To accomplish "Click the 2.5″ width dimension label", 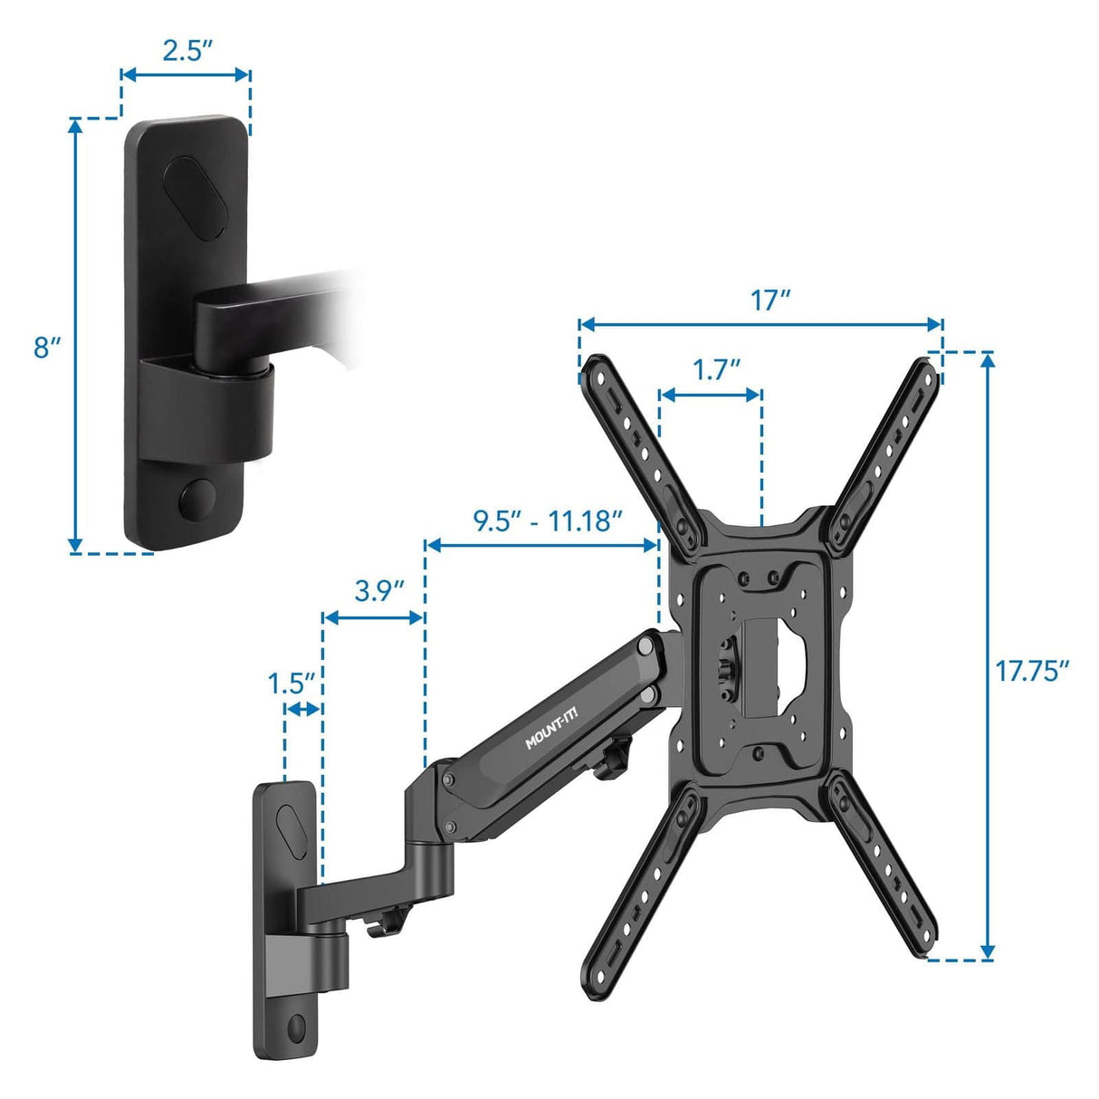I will [x=186, y=51].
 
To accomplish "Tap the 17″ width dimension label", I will [x=770, y=300].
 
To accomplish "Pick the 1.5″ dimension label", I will [x=291, y=683].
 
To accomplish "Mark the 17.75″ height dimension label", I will [x=1032, y=671].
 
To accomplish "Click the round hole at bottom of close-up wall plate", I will [x=195, y=499].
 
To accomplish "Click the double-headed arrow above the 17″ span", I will [x=760, y=324].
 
